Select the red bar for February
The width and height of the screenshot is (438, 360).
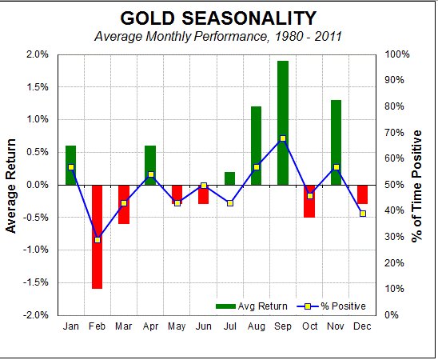coord(98,236)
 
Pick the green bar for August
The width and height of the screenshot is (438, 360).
coord(257,145)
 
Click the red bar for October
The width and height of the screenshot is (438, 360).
coord(309,201)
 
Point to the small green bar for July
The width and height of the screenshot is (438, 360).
coord(230,178)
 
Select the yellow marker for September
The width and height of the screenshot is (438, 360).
coord(283,138)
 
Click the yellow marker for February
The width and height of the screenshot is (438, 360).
coord(98,240)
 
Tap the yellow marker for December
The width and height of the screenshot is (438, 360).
coord(362,214)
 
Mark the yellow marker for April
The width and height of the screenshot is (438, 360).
coord(150,174)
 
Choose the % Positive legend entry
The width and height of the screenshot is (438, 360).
coord(333,306)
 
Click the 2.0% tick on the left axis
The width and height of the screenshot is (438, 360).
coord(38,54)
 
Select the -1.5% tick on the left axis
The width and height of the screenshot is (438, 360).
coord(36,282)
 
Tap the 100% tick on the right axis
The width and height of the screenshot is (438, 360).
coord(399,54)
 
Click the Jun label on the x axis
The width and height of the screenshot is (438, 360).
coord(203,326)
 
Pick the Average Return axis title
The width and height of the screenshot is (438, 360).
coord(11,185)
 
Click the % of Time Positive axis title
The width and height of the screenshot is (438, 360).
coord(424,185)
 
